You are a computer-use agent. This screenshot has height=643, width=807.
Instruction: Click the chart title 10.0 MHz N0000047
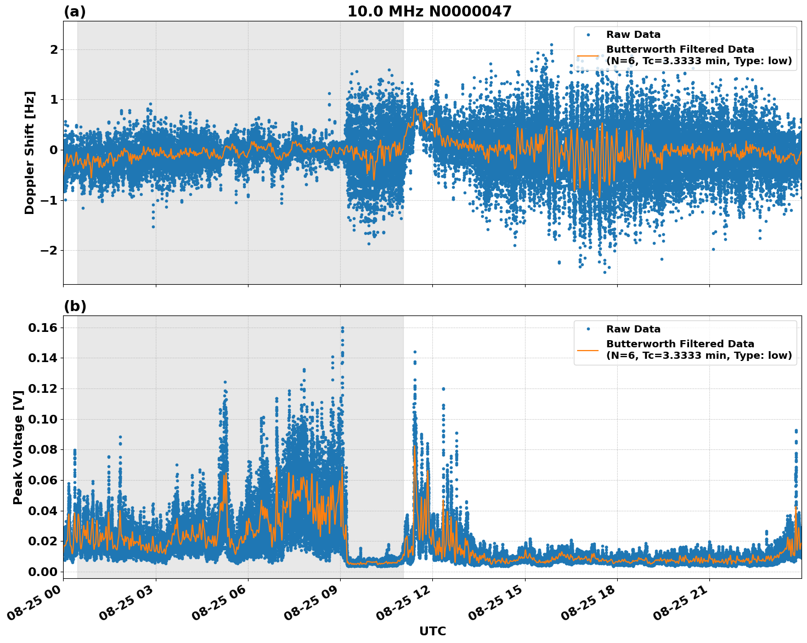tap(429, 12)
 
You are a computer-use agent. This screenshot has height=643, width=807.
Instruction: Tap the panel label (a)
tap(75, 12)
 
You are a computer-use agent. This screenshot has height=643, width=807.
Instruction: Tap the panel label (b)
tap(75, 306)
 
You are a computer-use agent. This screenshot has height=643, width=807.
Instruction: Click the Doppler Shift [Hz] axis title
tap(30, 153)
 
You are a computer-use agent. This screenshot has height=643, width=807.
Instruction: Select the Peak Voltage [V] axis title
tap(18, 447)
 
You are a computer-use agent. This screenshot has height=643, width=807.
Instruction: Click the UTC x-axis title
tap(432, 631)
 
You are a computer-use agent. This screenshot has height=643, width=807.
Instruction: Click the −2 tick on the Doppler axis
tap(49, 251)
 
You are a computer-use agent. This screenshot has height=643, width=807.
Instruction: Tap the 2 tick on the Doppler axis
tap(54, 49)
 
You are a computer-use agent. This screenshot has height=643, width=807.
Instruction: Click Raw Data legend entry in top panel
tap(633, 35)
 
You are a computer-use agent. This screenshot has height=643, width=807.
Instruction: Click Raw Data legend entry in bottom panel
tap(633, 329)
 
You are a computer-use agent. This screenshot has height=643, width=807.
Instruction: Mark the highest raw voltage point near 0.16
tap(342, 328)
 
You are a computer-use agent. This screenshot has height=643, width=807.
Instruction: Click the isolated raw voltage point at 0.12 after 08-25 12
tap(443, 389)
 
